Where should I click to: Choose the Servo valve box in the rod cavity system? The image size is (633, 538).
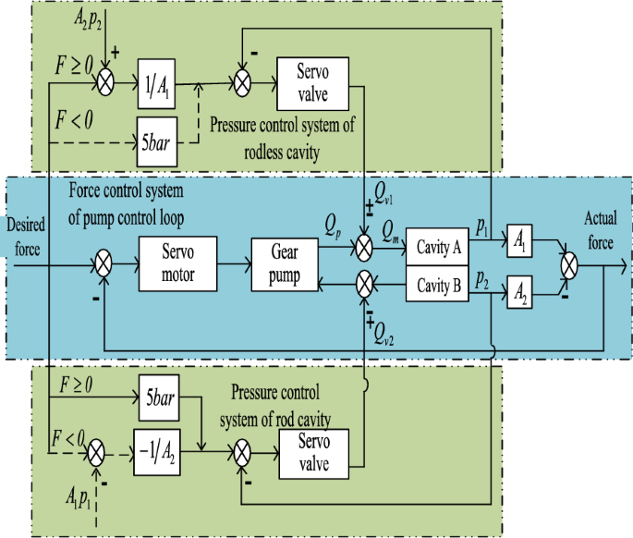pos(312,453)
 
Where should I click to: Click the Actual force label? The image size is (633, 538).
pos(605,227)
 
